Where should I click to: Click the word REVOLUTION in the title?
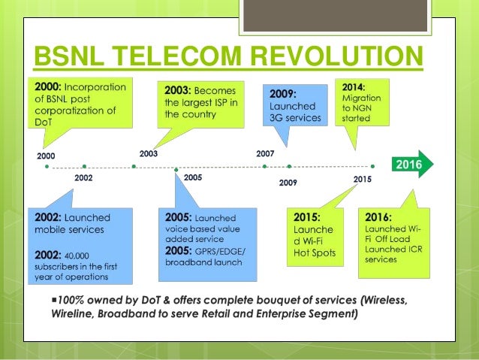[328, 56]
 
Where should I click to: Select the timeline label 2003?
[149, 153]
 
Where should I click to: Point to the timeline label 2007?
[265, 153]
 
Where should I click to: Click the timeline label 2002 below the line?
[85, 179]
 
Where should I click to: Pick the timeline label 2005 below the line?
[193, 178]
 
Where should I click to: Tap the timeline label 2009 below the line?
[288, 182]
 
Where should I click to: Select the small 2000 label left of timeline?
[46, 156]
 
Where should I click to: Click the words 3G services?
[295, 118]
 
